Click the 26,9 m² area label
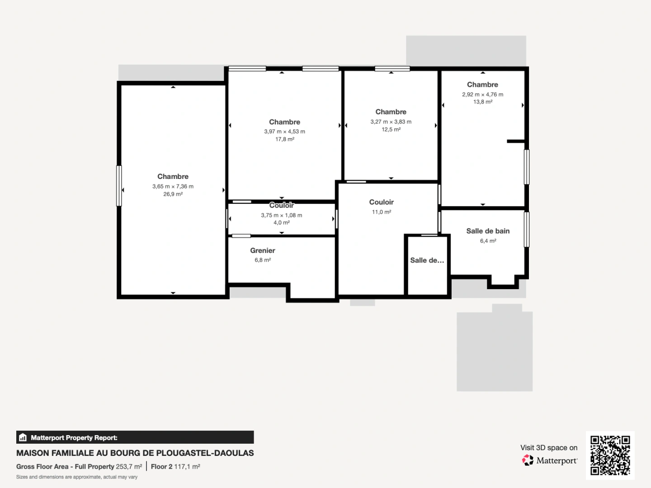[x=173, y=194]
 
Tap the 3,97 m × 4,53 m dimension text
[x=284, y=131]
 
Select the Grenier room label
[x=263, y=250]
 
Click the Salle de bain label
[x=488, y=231]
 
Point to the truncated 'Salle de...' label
[x=427, y=260]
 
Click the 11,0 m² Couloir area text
[x=381, y=212]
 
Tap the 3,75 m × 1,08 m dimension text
[x=281, y=215]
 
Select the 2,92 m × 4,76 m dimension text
[x=482, y=94]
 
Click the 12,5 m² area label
[x=391, y=130]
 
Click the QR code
[x=610, y=455]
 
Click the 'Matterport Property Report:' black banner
[x=135, y=437]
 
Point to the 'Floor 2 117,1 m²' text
[x=175, y=466]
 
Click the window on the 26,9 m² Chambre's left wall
[x=119, y=186]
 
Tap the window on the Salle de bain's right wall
[x=526, y=230]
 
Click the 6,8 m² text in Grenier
[x=263, y=260]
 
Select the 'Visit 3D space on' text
[x=548, y=448]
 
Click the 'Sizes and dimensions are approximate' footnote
[x=77, y=477]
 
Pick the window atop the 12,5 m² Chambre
[x=392, y=69]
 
